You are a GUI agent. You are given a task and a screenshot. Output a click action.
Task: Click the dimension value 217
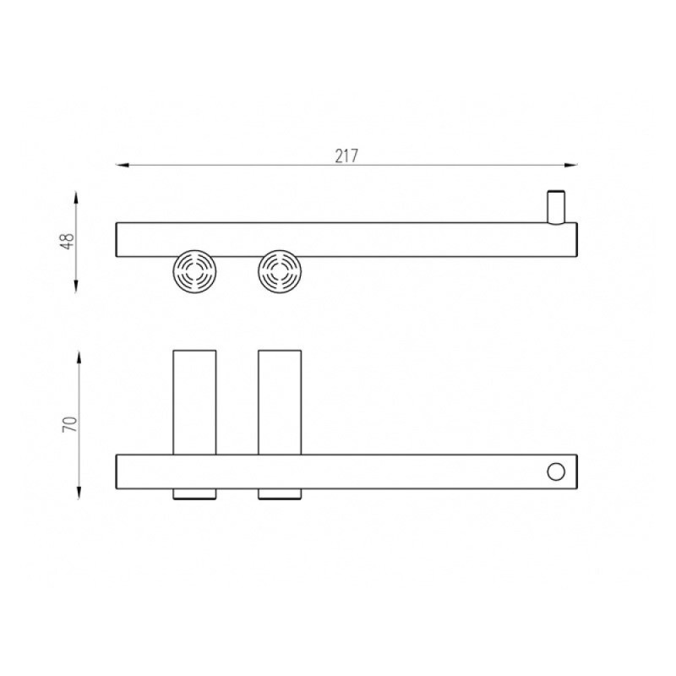[346, 156]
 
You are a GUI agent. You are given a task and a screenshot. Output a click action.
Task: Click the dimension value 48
[68, 242]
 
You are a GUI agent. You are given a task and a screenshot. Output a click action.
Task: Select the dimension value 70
[70, 424]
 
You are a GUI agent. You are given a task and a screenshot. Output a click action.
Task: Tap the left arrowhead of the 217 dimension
[123, 165]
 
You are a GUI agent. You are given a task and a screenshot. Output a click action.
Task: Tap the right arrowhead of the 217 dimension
[571, 165]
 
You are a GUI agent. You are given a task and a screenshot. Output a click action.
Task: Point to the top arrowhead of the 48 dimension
[76, 198]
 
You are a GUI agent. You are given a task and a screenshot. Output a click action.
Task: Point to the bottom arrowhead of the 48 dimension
[76, 286]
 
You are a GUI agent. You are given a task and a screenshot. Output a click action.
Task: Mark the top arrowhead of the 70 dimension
[79, 357]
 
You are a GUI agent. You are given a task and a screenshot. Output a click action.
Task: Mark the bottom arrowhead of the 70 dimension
[79, 493]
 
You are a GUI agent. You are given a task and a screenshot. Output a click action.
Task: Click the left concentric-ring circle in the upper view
[194, 271]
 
